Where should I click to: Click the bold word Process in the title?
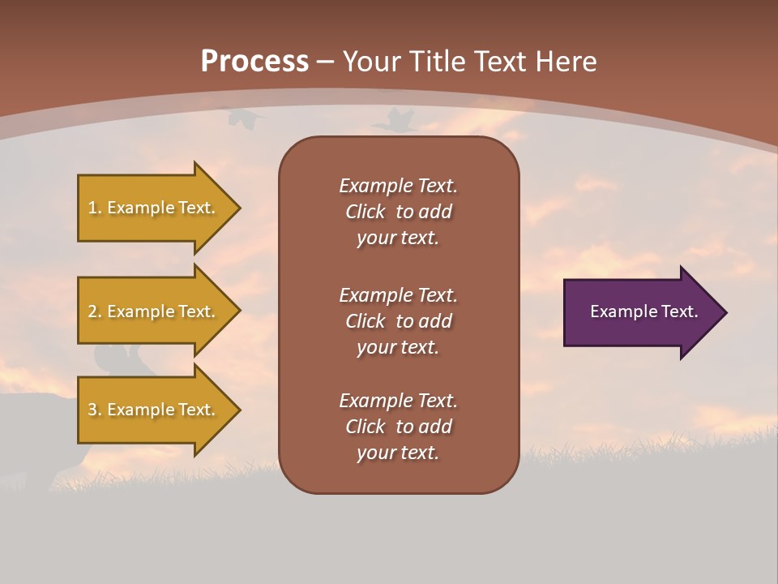click(254, 62)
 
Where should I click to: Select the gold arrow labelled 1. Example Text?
click(154, 208)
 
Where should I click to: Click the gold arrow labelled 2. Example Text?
click(154, 311)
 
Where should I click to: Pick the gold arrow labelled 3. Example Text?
click(154, 410)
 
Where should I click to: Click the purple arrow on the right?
click(640, 312)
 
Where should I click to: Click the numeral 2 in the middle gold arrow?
click(92, 311)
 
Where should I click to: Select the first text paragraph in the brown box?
click(398, 212)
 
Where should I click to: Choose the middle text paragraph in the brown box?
click(398, 321)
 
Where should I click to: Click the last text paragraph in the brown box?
click(398, 427)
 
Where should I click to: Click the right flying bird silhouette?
click(396, 121)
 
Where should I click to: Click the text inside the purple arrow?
click(643, 311)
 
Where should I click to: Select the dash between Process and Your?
click(326, 62)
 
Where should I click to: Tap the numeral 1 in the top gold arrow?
click(92, 208)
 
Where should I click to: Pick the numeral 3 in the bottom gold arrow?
click(92, 410)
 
